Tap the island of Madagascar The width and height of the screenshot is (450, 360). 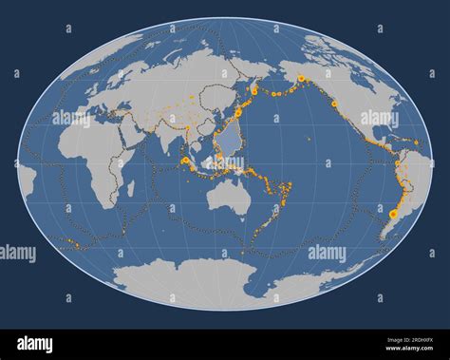click(130, 189)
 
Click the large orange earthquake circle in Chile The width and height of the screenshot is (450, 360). click(393, 215)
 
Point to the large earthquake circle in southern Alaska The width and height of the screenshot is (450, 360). click(302, 78)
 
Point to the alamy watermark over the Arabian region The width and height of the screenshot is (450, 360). click(71, 119)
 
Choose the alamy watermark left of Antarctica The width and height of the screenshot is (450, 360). click(17, 253)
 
